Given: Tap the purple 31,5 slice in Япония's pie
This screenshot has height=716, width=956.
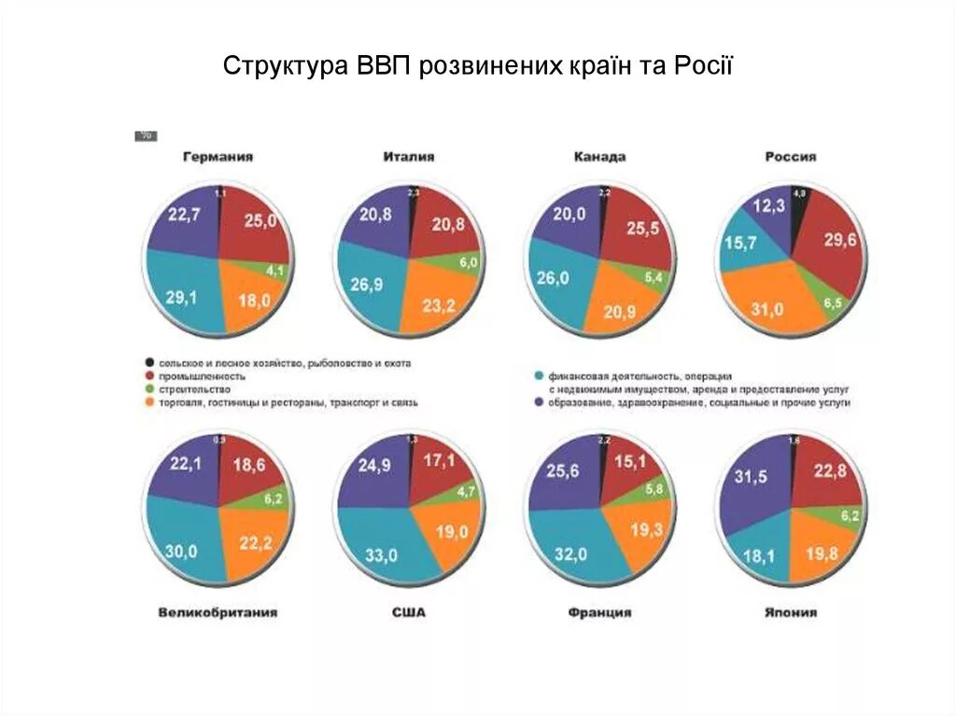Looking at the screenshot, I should click(x=751, y=478).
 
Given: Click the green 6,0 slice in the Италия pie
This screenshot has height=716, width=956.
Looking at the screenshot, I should click(x=464, y=263).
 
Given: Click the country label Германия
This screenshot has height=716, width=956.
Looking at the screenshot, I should click(x=218, y=158).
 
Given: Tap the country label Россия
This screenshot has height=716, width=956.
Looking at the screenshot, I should click(x=790, y=158).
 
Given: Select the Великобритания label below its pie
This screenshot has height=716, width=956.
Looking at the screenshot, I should click(x=218, y=613).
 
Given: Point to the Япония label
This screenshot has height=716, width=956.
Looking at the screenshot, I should click(x=791, y=613).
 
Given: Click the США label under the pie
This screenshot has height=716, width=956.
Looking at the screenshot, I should click(x=409, y=613).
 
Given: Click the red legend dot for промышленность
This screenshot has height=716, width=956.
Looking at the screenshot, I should click(x=149, y=376).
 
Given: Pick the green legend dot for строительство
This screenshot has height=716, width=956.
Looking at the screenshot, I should click(x=149, y=389).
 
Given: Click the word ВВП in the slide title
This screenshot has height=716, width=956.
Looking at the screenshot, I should click(x=383, y=67).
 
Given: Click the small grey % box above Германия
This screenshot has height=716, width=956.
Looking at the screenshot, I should click(x=147, y=136).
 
